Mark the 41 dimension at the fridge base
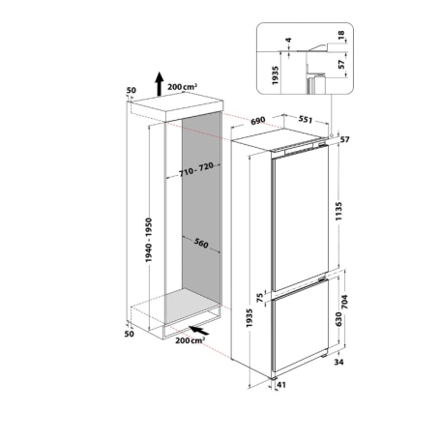(283, 386)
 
